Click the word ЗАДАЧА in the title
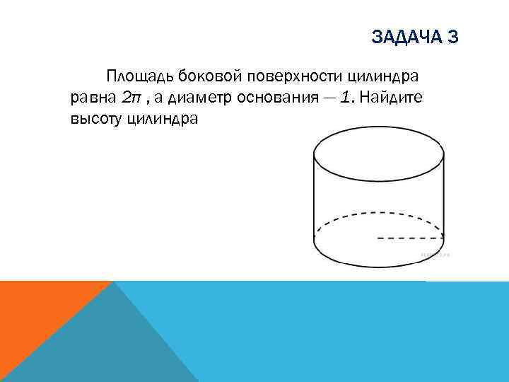pyautogui.click(x=404, y=37)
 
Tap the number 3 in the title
pyautogui.click(x=453, y=37)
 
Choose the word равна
pyautogui.click(x=93, y=98)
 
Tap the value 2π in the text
pyautogui.click(x=132, y=98)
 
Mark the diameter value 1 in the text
pyautogui.click(x=346, y=98)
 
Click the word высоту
pyautogui.click(x=95, y=119)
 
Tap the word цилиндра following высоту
pyautogui.click(x=164, y=119)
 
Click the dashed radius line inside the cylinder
pyautogui.click(x=410, y=238)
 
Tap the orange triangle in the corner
pyautogui.click(x=35, y=318)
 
